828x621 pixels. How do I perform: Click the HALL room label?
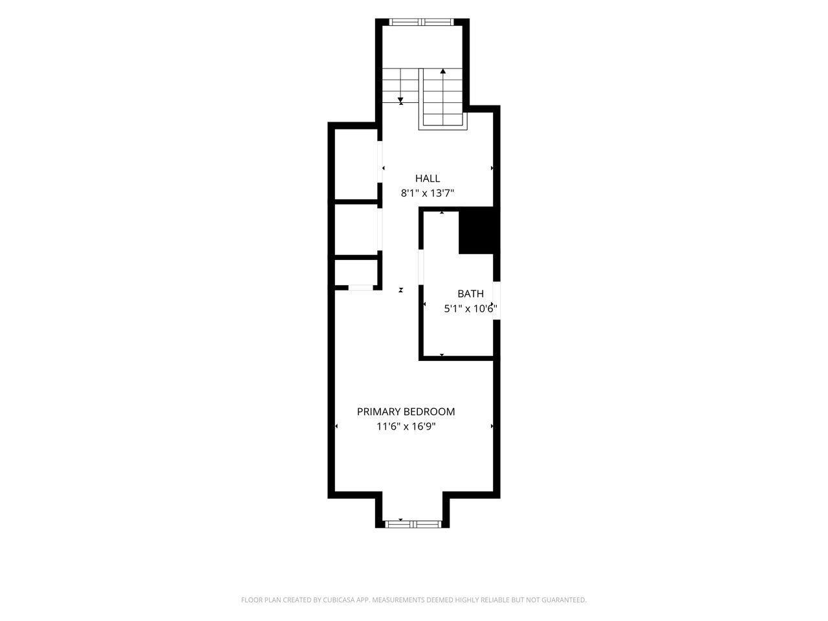click(x=427, y=178)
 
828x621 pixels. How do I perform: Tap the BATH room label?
click(x=470, y=293)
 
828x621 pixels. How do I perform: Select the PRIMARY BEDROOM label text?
click(x=406, y=411)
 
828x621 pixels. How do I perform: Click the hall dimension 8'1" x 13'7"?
click(x=427, y=193)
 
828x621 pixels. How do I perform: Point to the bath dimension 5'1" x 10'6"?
click(x=470, y=309)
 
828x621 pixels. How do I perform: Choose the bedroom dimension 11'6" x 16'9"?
click(x=406, y=426)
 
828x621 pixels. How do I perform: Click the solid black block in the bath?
click(x=476, y=230)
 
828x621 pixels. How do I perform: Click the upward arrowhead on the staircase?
click(x=442, y=71)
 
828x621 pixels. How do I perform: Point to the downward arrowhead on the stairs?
click(x=400, y=100)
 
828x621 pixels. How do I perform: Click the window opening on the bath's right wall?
click(x=497, y=300)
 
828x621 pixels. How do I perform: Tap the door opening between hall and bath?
click(x=421, y=267)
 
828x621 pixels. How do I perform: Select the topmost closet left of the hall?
click(x=356, y=164)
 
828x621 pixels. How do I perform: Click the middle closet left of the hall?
click(x=356, y=230)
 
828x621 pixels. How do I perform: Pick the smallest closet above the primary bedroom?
click(x=356, y=272)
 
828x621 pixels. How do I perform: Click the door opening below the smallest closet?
click(x=360, y=288)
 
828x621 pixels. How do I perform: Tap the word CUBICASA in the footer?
click(x=338, y=600)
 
